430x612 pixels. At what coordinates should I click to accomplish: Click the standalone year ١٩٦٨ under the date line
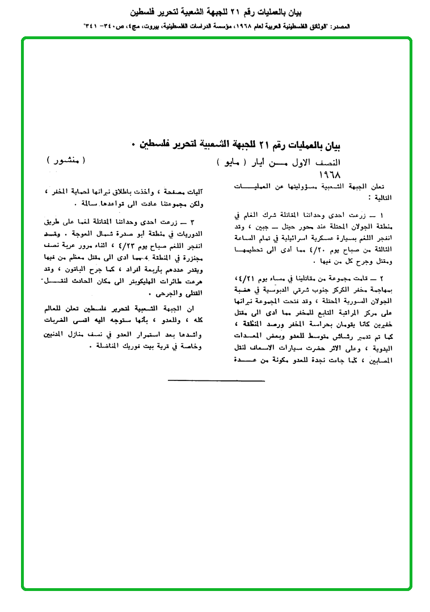tap(331, 173)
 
